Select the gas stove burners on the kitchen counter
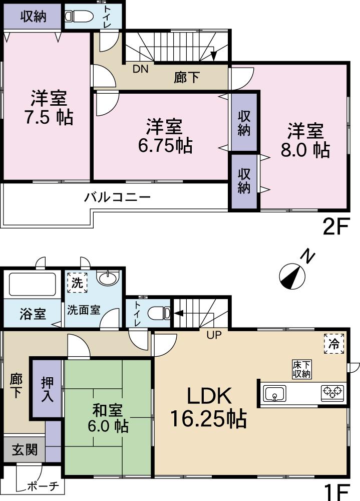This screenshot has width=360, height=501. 333,392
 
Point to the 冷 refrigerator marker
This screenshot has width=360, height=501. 333,344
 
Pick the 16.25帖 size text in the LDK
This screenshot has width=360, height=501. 208,419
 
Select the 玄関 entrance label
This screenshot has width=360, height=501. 24,449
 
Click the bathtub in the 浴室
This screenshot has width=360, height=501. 32,285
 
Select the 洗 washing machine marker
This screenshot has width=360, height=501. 77,283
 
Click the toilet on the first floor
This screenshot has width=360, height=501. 161,313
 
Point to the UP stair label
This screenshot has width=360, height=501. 214,335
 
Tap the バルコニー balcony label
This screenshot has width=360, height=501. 117,197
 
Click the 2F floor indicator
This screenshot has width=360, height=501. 335,227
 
